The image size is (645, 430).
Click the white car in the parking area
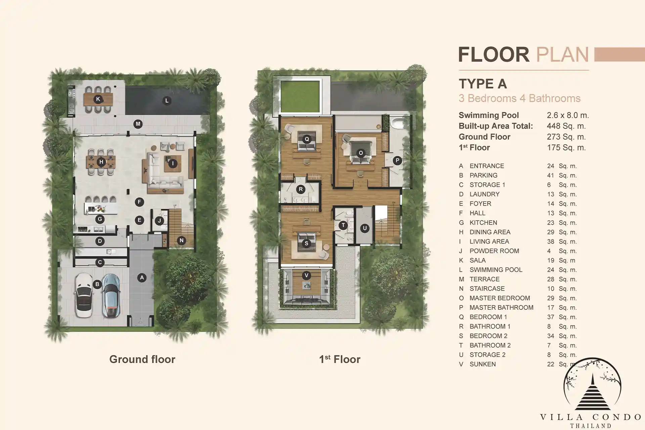tap(83, 295)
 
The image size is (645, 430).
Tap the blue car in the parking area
tap(111, 295)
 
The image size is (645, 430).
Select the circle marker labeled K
tap(98, 99)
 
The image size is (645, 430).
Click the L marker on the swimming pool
tap(167, 100)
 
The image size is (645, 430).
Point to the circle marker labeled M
tap(138, 124)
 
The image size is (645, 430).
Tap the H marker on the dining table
tap(101, 162)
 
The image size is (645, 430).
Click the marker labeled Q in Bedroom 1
tap(307, 139)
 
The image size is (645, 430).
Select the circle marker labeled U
tap(365, 228)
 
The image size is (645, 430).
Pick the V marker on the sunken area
tap(306, 275)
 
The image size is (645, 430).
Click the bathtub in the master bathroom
tap(400, 123)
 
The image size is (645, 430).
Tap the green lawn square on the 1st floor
tap(300, 96)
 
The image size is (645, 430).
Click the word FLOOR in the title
tap(493, 54)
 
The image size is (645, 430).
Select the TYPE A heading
tap(483, 84)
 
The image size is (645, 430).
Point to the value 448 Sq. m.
tap(566, 126)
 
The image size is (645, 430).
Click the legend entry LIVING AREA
tap(489, 242)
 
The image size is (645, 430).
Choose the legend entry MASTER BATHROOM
tap(501, 307)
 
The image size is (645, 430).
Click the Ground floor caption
tap(142, 359)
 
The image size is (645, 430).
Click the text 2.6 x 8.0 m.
tap(568, 115)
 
